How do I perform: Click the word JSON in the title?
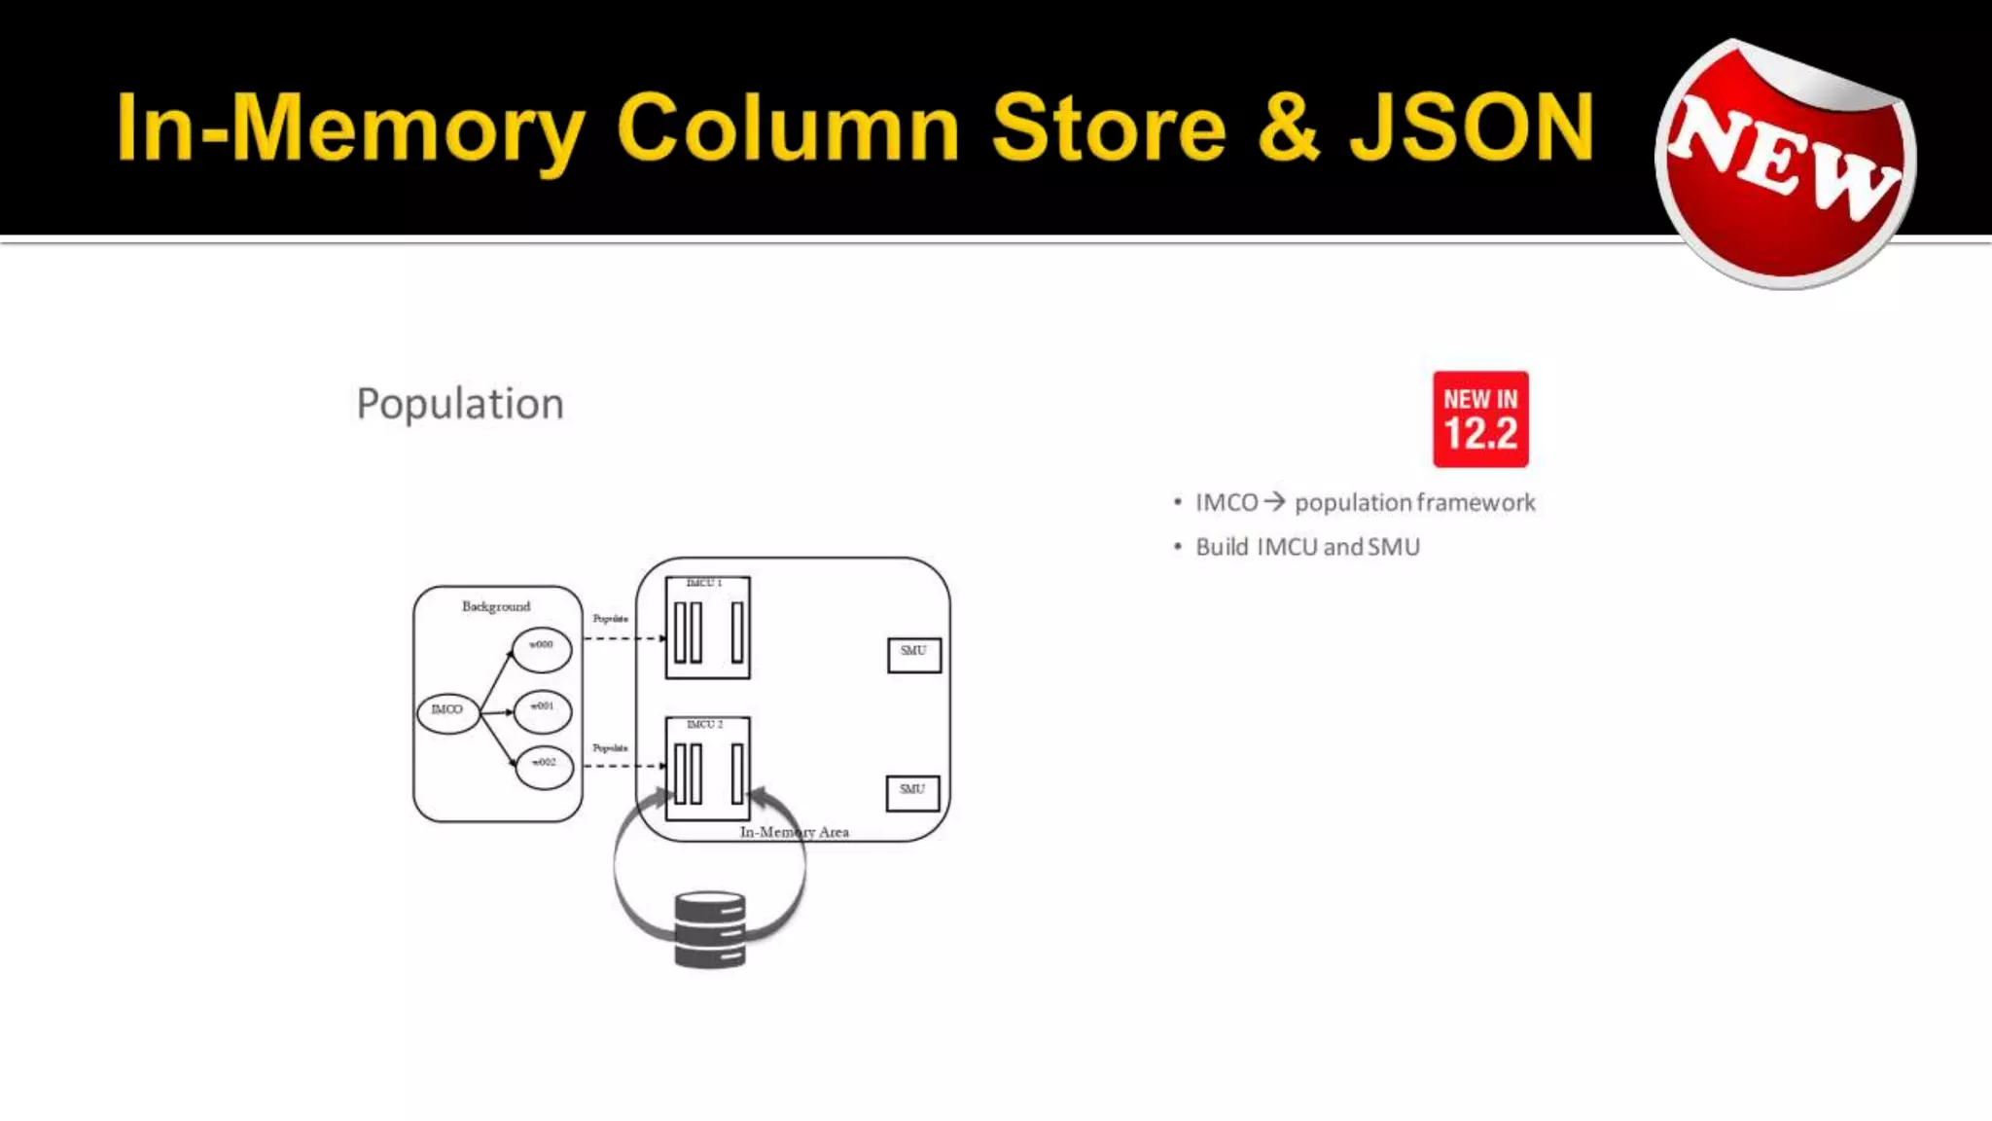[x=1472, y=127]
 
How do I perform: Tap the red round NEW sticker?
[x=1786, y=163]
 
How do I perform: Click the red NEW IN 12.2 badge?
[x=1480, y=419]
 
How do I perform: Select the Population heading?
[x=460, y=404]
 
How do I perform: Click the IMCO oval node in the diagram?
[x=447, y=711]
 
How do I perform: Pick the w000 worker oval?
[x=542, y=649]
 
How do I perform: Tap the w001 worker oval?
[x=543, y=709]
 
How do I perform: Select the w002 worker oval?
[x=544, y=767]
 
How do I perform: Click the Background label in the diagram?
[x=496, y=606]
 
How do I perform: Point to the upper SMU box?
[x=913, y=654]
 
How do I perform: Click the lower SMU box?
[x=912, y=792]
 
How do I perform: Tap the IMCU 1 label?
[x=704, y=583]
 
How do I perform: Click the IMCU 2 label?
[x=705, y=725]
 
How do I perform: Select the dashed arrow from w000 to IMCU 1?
[x=623, y=638]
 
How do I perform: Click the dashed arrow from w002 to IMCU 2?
[x=623, y=766]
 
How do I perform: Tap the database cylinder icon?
[x=710, y=929]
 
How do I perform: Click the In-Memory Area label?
[x=794, y=832]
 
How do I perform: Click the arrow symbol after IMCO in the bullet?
[x=1274, y=502]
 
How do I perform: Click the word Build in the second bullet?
[x=1222, y=547]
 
